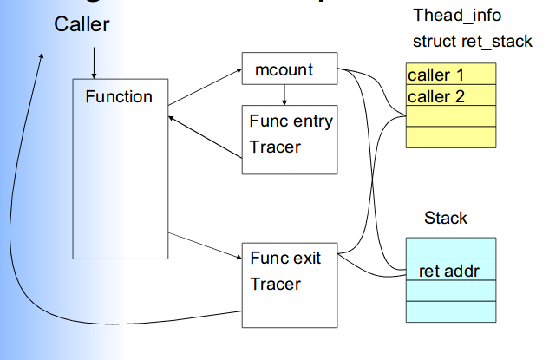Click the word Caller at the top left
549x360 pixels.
tap(82, 24)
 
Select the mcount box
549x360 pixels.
tap(289, 69)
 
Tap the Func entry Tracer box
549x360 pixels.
tap(289, 135)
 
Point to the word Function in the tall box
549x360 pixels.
tap(119, 97)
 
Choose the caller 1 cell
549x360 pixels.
tap(450, 74)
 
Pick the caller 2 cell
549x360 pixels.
tap(450, 95)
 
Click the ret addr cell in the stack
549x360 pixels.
tap(450, 271)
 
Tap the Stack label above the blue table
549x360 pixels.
tap(446, 218)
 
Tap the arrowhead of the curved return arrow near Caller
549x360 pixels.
tap(40, 56)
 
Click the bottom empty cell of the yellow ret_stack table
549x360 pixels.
tap(450, 137)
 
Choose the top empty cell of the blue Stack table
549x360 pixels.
tap(450, 248)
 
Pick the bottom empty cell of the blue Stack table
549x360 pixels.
tap(450, 311)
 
